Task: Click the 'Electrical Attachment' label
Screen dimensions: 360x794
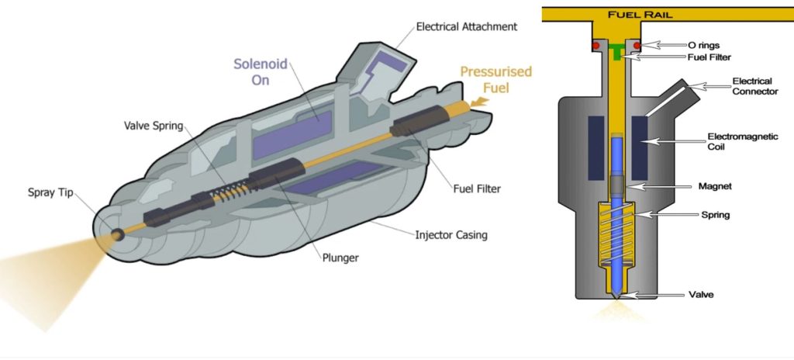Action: click(466, 26)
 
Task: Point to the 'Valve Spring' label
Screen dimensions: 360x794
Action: click(154, 126)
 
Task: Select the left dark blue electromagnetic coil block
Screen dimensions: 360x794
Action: click(596, 147)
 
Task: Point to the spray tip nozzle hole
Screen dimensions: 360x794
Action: click(118, 234)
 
